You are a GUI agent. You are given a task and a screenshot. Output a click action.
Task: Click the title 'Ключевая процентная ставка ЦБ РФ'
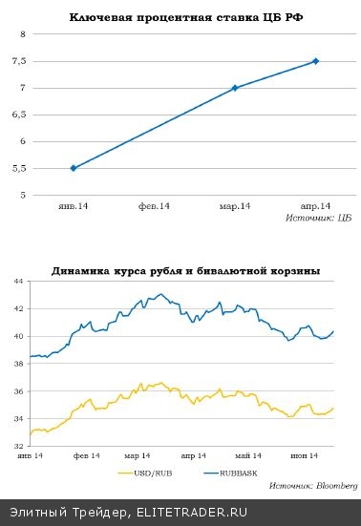pos(180,18)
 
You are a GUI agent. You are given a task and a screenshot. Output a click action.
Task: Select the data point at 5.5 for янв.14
pos(73,168)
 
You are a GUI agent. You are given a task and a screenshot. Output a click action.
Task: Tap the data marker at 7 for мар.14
pos(235,88)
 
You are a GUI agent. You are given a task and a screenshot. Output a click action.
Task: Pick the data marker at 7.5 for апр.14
pos(316,61)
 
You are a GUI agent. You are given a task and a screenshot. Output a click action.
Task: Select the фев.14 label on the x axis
pos(154,206)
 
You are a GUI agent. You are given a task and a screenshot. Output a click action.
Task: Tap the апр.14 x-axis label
pos(316,206)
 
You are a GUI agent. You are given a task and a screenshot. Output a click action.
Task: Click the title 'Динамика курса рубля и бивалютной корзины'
pos(185,271)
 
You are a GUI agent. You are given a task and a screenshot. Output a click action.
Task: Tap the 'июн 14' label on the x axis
pos(307,455)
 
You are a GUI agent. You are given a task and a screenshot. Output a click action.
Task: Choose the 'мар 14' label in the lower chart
pos(138,455)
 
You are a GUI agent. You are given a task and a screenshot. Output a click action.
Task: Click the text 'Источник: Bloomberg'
pos(306,486)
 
